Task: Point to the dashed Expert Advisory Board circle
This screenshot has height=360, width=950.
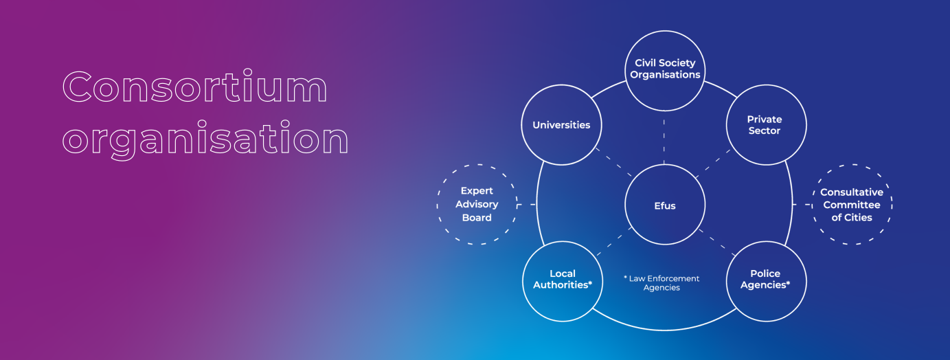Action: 477,164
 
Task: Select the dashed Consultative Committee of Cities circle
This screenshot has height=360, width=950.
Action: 852,164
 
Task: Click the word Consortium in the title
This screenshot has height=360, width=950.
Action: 195,87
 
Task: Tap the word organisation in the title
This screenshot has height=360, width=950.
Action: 205,139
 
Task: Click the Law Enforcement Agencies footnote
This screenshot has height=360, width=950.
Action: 661,283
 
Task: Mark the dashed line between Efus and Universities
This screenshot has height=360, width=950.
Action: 613,162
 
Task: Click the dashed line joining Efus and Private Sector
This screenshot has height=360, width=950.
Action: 713,164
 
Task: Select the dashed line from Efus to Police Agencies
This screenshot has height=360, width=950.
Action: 717,243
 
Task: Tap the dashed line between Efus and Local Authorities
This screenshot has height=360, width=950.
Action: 614,241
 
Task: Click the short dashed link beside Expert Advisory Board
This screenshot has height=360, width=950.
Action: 527,204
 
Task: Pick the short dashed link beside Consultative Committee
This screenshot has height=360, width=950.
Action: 802,204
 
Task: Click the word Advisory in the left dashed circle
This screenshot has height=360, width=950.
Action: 477,204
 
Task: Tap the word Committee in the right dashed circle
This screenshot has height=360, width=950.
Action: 852,205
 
